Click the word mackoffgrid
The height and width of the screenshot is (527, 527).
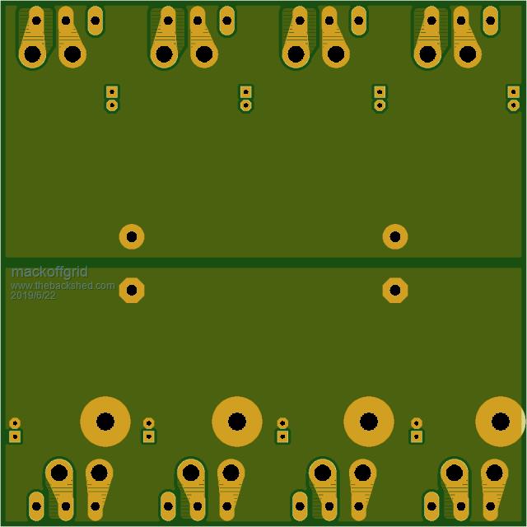click(49, 273)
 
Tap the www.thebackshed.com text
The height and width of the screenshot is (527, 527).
click(63, 286)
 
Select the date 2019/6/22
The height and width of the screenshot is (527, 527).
click(33, 296)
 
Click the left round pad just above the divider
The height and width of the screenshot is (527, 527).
click(132, 236)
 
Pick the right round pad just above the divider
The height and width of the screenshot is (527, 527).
click(395, 236)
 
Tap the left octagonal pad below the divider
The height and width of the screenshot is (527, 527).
click(132, 290)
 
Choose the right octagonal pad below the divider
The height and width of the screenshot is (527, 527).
click(395, 290)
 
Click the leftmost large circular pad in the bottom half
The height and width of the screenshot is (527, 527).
click(105, 422)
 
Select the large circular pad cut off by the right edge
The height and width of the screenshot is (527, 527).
click(501, 422)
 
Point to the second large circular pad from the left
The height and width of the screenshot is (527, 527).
click(237, 422)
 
